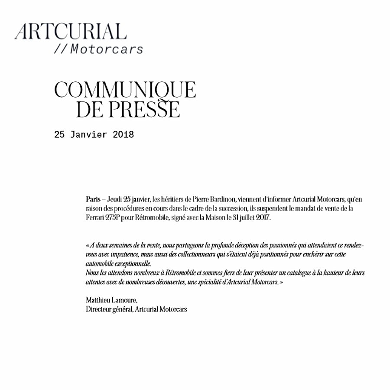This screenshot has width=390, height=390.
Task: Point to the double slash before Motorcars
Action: [x=60, y=49]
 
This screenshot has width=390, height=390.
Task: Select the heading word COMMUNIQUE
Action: [x=125, y=90]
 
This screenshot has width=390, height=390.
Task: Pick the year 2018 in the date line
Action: [x=123, y=135]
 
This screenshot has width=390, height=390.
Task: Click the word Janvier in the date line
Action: [x=91, y=135]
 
